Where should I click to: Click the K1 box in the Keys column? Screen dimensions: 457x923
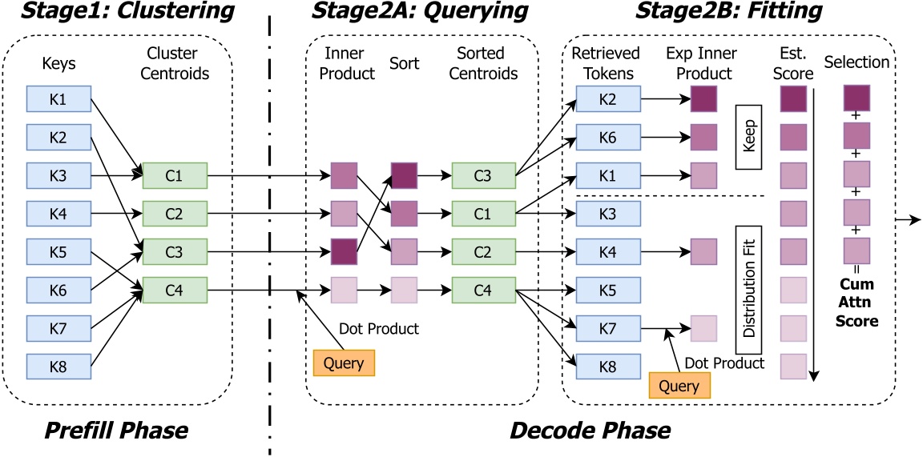tap(58, 99)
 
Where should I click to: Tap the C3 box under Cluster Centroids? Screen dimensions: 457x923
tap(175, 251)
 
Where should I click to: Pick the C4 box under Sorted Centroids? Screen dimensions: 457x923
tap(483, 290)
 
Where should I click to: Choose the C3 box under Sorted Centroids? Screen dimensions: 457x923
tap(483, 175)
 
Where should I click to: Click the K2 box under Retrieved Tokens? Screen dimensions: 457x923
tap(608, 99)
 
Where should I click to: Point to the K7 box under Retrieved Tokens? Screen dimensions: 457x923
tap(608, 327)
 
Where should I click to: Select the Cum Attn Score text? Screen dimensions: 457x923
tap(858, 301)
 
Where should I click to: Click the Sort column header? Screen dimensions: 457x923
tap(405, 62)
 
